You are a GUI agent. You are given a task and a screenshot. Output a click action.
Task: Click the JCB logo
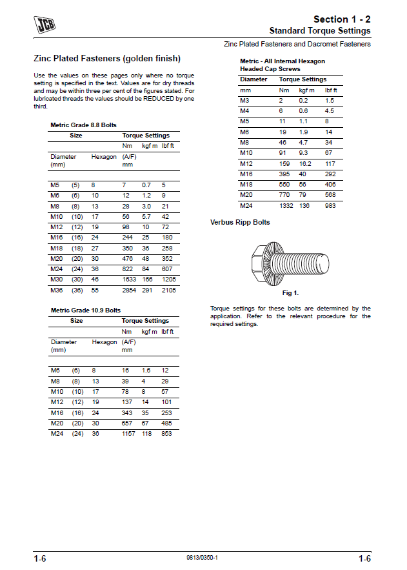coord(45,25)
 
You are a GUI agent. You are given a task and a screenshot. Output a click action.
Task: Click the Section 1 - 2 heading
coord(342,19)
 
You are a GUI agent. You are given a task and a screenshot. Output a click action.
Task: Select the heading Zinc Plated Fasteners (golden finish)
coord(107,58)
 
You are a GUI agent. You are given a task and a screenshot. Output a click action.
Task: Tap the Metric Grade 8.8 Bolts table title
coord(83,125)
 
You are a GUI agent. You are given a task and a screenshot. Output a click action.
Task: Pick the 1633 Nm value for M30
coord(130,279)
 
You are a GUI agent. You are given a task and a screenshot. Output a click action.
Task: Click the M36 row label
coord(55,290)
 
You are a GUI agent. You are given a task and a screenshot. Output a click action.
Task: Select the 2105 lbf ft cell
coord(169,290)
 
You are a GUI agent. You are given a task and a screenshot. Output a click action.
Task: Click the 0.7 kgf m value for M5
coord(146,185)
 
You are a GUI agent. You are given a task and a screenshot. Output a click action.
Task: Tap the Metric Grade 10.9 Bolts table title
coord(85,310)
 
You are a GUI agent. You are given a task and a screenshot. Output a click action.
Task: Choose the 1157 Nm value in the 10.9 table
coord(130,433)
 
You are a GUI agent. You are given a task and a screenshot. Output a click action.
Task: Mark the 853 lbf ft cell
coord(167,433)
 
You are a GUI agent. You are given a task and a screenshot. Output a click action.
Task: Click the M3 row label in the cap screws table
coord(244,101)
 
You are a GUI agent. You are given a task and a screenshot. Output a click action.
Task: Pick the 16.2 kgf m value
coord(306,164)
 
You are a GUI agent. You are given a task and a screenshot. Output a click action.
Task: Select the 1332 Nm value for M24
coord(286,205)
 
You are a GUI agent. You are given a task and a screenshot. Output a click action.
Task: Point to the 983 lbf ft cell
coord(331,205)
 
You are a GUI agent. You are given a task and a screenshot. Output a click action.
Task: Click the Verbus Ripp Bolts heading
coord(240,222)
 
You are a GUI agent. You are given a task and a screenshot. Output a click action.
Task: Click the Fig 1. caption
coord(291,293)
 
